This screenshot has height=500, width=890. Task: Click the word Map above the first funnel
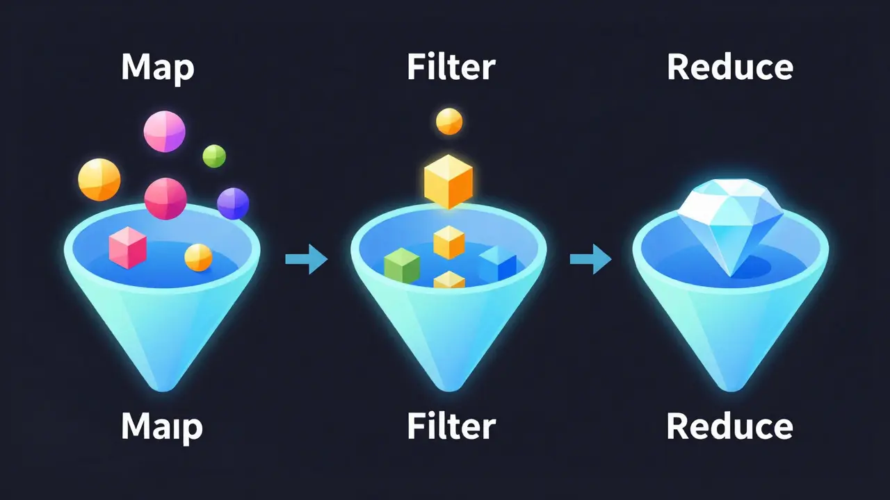pos(158,67)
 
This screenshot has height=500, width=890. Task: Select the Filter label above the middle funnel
pos(451,67)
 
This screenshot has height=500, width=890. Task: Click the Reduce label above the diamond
pos(729,67)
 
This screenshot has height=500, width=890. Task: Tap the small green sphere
pos(214,156)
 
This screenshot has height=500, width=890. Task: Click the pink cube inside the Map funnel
pos(128,248)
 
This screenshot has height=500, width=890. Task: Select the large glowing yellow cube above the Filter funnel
pos(448,181)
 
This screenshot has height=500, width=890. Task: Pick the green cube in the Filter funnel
pos(402,266)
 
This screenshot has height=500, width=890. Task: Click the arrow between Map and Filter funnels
pos(306,260)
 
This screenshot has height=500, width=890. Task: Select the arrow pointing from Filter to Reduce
pos(590,260)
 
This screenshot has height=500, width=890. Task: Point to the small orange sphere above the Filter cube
pos(449,122)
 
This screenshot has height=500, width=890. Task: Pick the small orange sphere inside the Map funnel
pos(198,257)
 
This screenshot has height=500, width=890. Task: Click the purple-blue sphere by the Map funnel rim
pos(233,203)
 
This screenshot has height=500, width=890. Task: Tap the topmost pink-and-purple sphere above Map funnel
pos(164,131)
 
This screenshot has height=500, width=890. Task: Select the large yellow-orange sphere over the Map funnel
pos(99,179)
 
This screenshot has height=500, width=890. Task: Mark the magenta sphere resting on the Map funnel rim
pos(165,199)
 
